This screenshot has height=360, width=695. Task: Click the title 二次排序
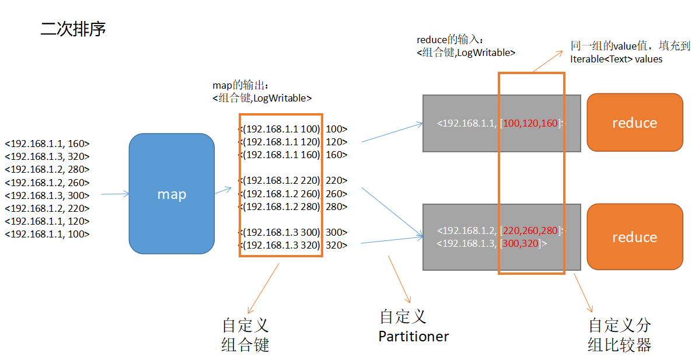pos(73,29)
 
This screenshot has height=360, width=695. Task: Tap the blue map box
pos(172,194)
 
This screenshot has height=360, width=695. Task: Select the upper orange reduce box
pos(634,123)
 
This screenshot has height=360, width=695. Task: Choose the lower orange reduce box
pos(634,237)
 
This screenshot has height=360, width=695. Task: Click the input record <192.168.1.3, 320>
pos(47,156)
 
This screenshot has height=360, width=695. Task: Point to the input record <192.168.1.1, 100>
pos(47,234)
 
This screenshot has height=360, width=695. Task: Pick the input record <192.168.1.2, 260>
pos(47,183)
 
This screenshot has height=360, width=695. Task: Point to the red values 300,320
pos(521,243)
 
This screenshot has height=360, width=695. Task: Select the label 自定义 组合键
pos(245,335)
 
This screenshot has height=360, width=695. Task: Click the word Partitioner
pos(414,337)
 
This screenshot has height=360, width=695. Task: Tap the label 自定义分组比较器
pos(619,335)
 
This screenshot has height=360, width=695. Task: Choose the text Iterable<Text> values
pos(616,59)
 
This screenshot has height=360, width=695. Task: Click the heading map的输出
pos(240,85)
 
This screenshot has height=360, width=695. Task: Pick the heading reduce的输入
pos(450,40)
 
